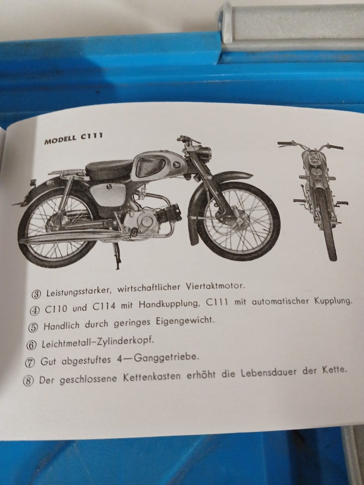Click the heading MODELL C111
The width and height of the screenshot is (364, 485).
click(x=74, y=138)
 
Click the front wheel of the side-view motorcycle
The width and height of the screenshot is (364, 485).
click(x=235, y=220)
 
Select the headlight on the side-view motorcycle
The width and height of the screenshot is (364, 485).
click(x=205, y=152)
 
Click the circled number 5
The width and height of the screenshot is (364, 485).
click(x=33, y=328)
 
